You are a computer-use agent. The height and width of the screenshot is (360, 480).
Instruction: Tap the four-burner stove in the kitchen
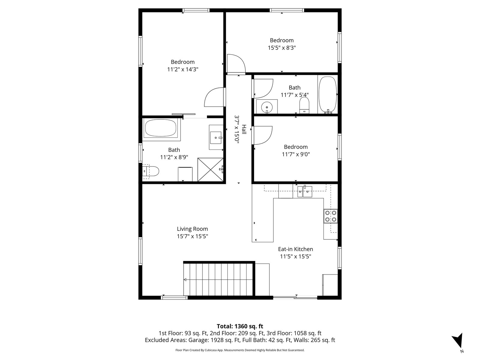[330, 216]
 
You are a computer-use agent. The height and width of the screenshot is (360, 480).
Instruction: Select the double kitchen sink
[304, 191]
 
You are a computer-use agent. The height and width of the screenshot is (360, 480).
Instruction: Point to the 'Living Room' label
[192, 229]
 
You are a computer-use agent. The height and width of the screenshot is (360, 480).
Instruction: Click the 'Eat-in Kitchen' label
[295, 249]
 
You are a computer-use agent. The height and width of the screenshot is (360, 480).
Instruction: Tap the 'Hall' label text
[244, 129]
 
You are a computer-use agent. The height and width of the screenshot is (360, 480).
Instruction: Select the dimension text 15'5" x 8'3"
[282, 48]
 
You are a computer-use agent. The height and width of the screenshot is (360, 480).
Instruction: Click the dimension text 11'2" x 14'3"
[183, 69]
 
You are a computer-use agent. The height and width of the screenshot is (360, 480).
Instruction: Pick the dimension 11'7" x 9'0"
[296, 154]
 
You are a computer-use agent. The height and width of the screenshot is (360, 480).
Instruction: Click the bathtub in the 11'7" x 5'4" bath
[328, 95]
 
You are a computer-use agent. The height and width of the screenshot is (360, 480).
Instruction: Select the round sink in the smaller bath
[267, 107]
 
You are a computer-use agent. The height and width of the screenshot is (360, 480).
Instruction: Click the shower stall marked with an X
[210, 169]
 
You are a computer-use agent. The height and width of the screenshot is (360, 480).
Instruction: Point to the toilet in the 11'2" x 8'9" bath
[151, 171]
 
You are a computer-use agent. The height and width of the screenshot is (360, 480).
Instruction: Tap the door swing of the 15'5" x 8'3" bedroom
[236, 63]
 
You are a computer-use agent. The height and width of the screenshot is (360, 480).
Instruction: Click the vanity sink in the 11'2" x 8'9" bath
[216, 138]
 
